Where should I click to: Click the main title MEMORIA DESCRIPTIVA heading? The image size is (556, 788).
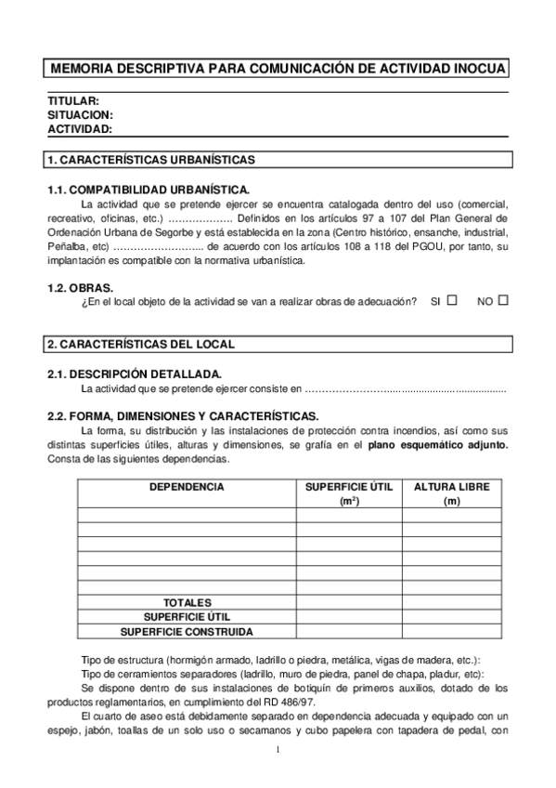tap(278, 69)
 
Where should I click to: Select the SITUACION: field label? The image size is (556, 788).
tap(80, 115)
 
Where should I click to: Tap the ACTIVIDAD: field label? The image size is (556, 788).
tap(80, 129)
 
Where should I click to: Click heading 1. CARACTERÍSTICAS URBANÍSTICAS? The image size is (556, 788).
tap(150, 160)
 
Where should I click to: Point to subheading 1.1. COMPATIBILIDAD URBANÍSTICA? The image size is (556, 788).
tap(149, 190)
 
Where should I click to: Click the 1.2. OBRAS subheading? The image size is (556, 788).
tap(80, 288)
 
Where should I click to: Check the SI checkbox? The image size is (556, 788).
tap(452, 301)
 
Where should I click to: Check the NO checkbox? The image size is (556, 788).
tap(503, 301)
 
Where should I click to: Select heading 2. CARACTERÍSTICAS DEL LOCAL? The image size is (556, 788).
tap(140, 344)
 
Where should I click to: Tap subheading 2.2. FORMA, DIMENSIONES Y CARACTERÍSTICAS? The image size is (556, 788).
tap(183, 416)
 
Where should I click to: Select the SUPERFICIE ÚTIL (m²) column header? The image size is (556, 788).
tap(350, 493)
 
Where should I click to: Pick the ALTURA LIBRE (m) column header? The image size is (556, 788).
tap(452, 493)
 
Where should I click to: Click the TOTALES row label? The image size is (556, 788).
tap(187, 602)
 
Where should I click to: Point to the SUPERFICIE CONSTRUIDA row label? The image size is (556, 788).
tap(187, 631)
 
